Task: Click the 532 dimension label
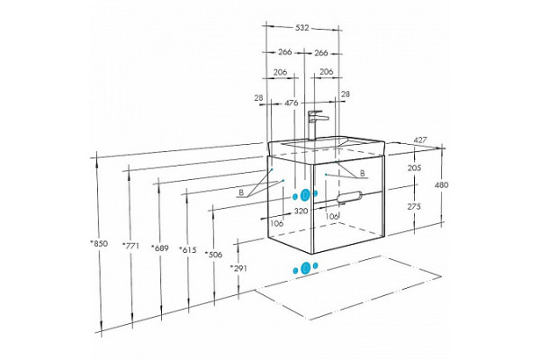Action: (302, 28)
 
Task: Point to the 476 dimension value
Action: (292, 103)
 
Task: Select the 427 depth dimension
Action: (419, 140)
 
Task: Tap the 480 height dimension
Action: (442, 185)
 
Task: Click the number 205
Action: (414, 168)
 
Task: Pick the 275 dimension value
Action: (414, 207)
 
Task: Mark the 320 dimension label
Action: (301, 211)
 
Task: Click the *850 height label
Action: (99, 244)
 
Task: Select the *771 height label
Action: (130, 246)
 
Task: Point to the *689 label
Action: (160, 247)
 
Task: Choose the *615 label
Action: (188, 250)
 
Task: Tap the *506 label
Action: (213, 255)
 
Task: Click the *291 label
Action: (238, 268)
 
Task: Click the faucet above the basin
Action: (317, 125)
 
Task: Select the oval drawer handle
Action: (349, 197)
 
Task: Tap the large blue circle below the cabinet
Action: (305, 267)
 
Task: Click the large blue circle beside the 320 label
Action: (305, 195)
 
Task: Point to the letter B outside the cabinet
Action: (241, 193)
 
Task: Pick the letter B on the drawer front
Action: (363, 174)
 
